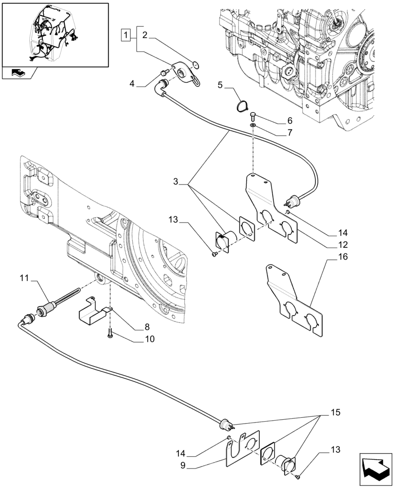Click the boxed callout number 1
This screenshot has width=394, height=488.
[126, 35]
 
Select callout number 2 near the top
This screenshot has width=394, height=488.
[145, 35]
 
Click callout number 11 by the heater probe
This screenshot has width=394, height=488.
[24, 279]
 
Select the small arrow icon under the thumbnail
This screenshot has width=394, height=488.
[18, 74]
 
